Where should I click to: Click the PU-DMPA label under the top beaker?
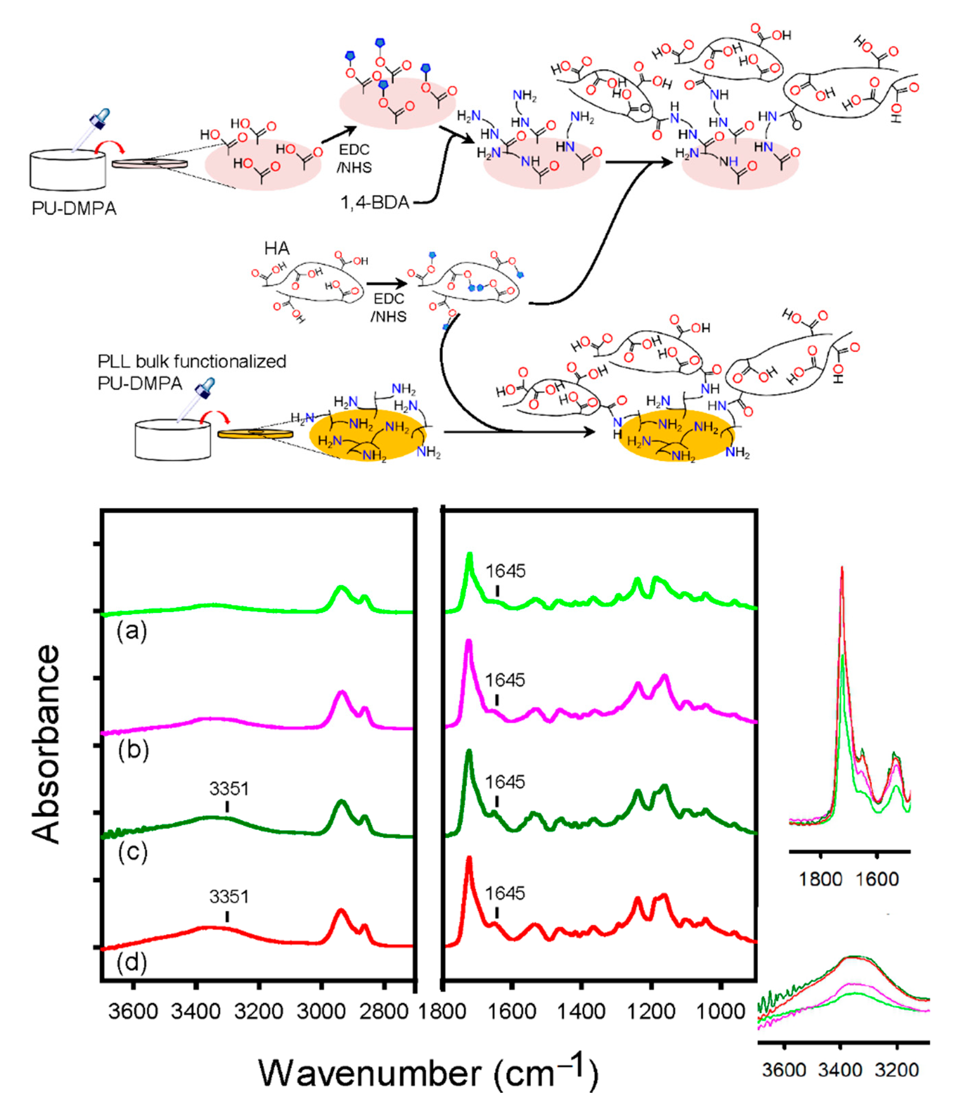click(x=74, y=208)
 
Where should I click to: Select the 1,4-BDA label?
click(x=375, y=202)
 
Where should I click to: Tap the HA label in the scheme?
click(x=277, y=248)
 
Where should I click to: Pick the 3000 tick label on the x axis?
click(x=322, y=1011)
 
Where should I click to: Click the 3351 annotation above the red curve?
click(x=229, y=897)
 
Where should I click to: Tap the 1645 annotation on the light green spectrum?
click(x=505, y=571)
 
